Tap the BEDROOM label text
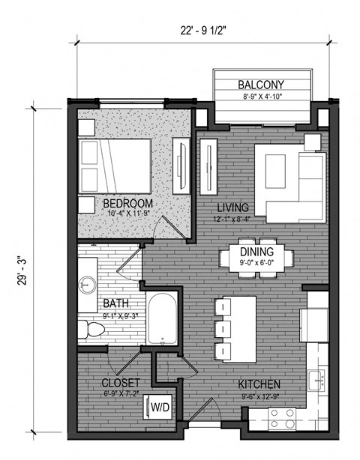[x=127, y=203]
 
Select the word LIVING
[x=232, y=207]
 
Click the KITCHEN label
[x=259, y=384]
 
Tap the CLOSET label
[x=121, y=384]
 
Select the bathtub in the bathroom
[x=161, y=318]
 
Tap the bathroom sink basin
[x=87, y=284]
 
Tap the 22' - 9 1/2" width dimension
[x=202, y=31]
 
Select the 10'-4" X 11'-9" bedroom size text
[x=127, y=214]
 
